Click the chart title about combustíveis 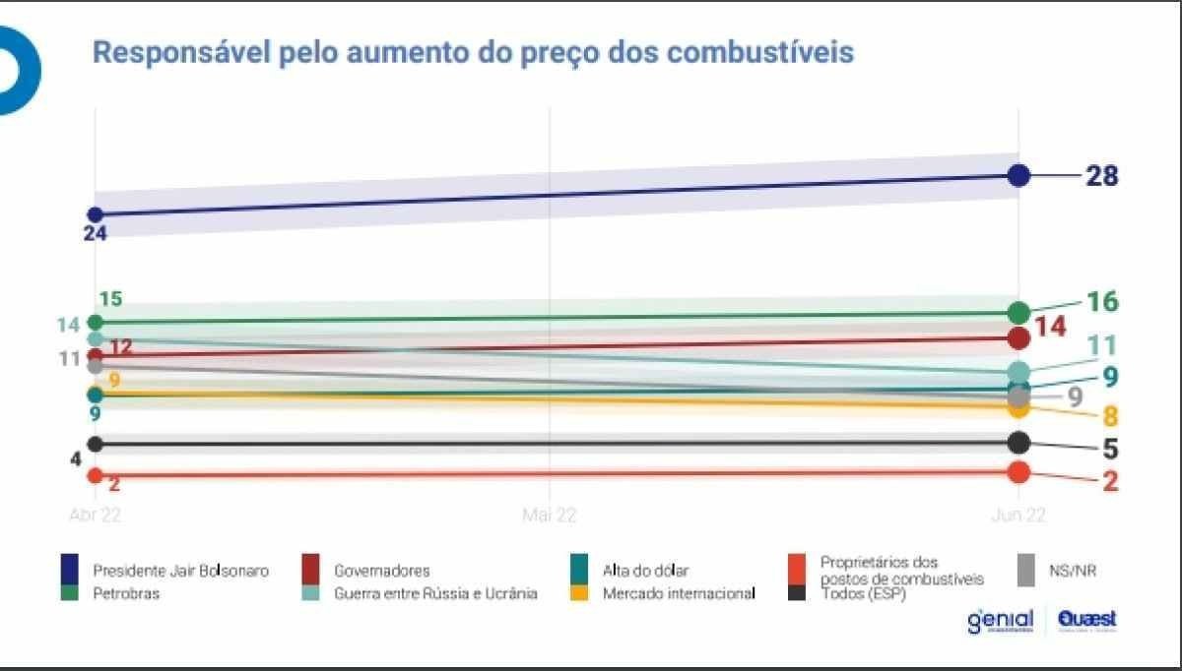click(473, 52)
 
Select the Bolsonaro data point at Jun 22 click(1019, 176)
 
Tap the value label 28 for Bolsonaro click(1101, 176)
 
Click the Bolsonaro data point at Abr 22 click(96, 214)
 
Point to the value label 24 click(96, 233)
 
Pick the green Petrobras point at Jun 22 click(1019, 313)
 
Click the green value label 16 click(1101, 301)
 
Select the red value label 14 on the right click(1051, 327)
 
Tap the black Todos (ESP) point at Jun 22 click(1019, 443)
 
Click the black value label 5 click(1110, 450)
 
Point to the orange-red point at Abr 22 click(96, 475)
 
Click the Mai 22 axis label click(549, 515)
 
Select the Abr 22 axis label click(95, 515)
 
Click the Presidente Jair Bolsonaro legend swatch click(71, 569)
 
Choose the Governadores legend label click(381, 571)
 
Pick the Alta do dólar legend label click(646, 571)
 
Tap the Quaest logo click(1087, 620)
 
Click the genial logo click(1000, 621)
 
